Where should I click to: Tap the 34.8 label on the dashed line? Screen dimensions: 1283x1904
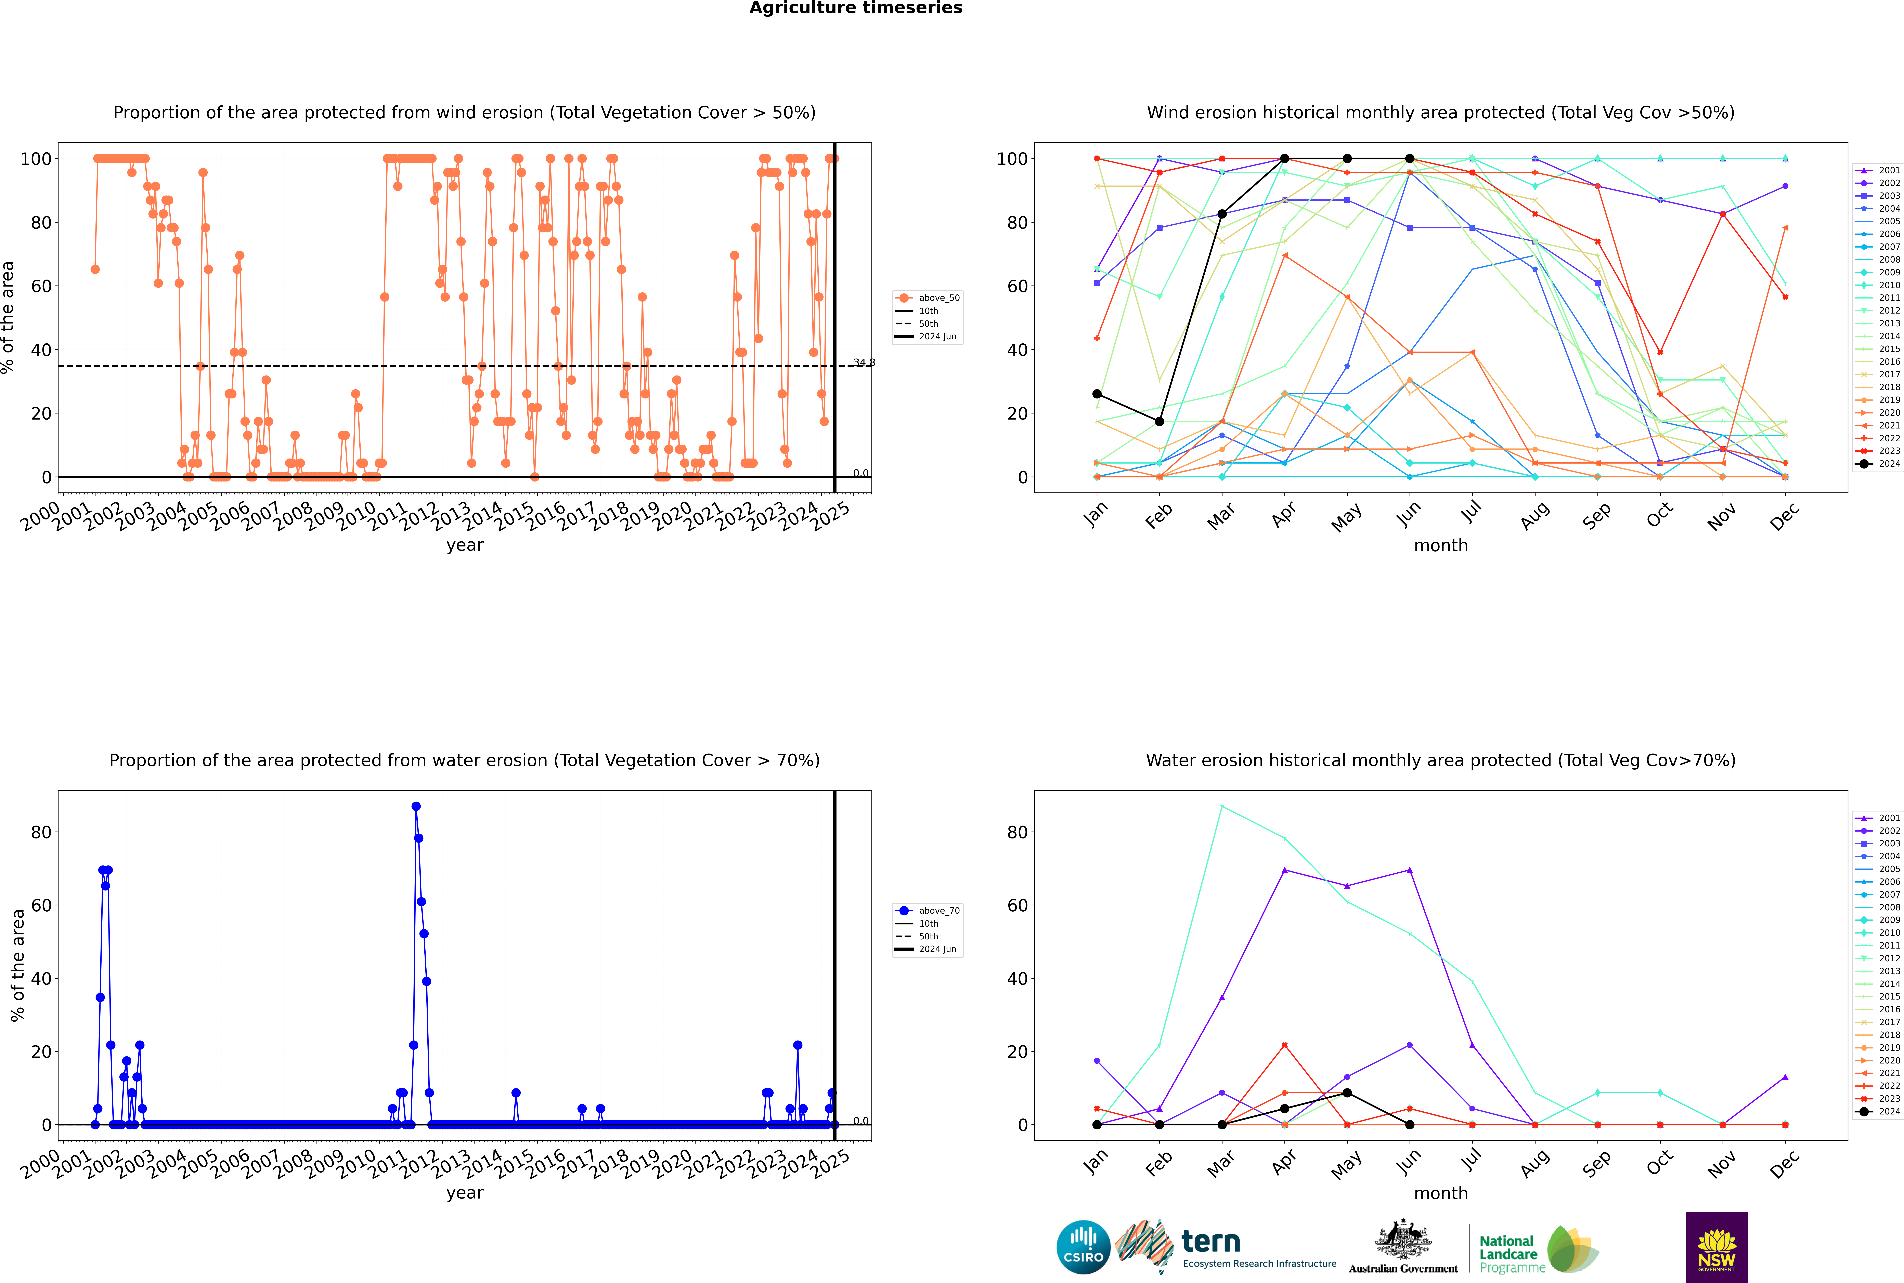[864, 362]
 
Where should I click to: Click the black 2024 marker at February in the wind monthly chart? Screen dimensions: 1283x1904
[1159, 421]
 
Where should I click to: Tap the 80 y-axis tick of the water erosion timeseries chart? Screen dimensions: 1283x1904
[41, 832]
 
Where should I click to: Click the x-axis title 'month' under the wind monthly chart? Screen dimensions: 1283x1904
[1441, 546]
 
